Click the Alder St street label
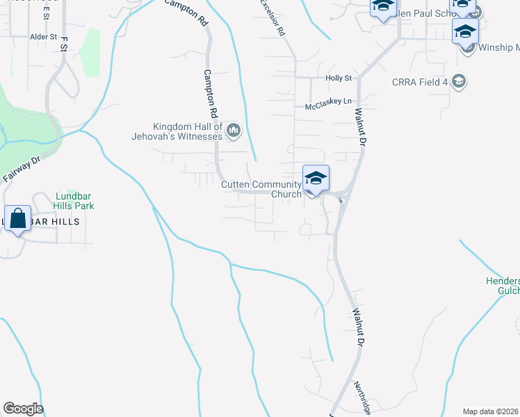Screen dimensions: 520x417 click(42, 35)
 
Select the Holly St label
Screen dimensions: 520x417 click(339, 79)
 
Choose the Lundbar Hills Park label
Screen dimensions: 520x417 click(73, 201)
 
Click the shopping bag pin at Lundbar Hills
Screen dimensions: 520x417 click(18, 219)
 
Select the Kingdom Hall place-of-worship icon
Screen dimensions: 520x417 click(234, 130)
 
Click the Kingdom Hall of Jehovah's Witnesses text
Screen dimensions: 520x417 click(188, 131)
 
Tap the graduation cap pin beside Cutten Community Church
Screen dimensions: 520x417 click(316, 179)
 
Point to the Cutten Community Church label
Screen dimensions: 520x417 click(261, 189)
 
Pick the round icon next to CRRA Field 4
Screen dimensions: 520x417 click(458, 82)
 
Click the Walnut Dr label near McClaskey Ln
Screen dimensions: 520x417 click(360, 120)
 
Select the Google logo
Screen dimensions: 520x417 click(23, 409)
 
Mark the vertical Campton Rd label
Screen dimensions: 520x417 click(209, 92)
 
